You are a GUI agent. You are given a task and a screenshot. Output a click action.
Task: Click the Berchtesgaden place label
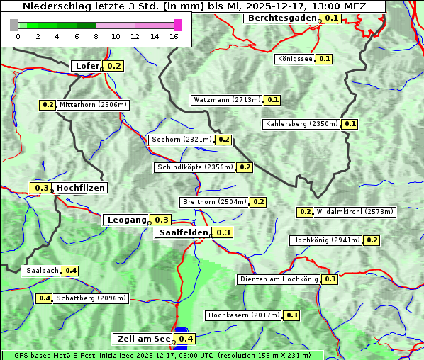(x=281, y=18)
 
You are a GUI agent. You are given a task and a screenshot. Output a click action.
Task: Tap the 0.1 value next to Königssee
(x=324, y=59)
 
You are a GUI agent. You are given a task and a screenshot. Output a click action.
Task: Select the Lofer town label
(x=87, y=66)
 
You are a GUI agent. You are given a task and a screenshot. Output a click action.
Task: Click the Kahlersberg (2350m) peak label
(x=301, y=124)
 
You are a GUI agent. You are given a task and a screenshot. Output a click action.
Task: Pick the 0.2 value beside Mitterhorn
(x=48, y=105)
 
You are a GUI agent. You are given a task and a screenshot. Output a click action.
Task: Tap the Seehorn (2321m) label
(x=182, y=140)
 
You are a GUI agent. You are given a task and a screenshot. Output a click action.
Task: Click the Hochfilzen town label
(x=81, y=188)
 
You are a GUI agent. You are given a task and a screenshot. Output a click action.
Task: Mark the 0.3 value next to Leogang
(x=162, y=220)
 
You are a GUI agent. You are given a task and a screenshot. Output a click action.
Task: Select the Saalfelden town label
(x=184, y=232)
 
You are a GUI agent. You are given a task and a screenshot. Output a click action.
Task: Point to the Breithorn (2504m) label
(x=213, y=202)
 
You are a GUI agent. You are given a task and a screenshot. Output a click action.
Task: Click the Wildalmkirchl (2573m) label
(x=355, y=211)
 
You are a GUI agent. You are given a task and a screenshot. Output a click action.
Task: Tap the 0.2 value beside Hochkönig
(x=372, y=240)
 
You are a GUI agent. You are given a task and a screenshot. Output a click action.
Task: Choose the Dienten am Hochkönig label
(x=279, y=279)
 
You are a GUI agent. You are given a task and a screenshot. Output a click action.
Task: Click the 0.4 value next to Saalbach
(x=70, y=271)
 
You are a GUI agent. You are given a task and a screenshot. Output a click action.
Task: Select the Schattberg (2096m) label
(x=91, y=298)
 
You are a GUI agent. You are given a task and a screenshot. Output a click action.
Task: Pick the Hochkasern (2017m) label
(x=244, y=315)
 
